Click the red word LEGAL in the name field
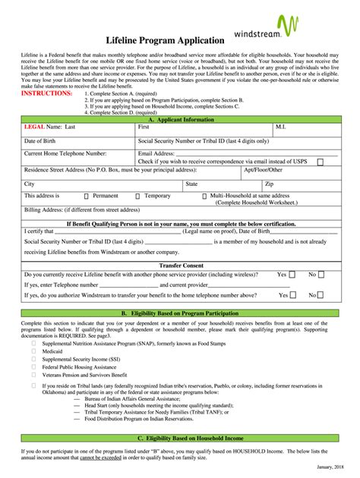point(35,127)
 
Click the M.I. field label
point(281,127)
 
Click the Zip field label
point(270,184)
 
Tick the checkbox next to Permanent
point(86,196)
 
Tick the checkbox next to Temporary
point(137,196)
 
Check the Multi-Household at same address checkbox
point(204,196)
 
